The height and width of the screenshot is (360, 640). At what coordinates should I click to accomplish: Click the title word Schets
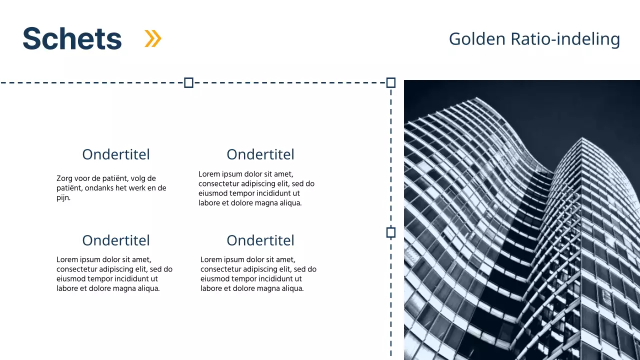pyautogui.click(x=72, y=38)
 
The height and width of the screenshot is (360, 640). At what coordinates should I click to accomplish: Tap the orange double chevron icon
pyautogui.click(x=153, y=38)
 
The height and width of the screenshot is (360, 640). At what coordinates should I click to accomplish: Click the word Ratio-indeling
pyautogui.click(x=565, y=38)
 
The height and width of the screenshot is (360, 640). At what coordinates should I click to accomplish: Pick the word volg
pyautogui.click(x=139, y=178)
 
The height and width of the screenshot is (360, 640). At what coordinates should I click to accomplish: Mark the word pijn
pyautogui.click(x=63, y=197)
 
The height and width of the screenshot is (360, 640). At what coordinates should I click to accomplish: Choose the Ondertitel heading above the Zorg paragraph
pyautogui.click(x=116, y=154)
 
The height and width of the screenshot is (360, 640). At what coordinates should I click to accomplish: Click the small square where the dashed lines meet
pyautogui.click(x=391, y=82)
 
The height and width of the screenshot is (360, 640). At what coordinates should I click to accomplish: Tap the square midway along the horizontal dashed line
pyautogui.click(x=188, y=82)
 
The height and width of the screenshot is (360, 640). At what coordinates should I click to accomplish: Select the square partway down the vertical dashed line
pyautogui.click(x=391, y=232)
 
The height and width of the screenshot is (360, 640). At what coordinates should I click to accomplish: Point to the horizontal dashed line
pyautogui.click(x=100, y=82)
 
